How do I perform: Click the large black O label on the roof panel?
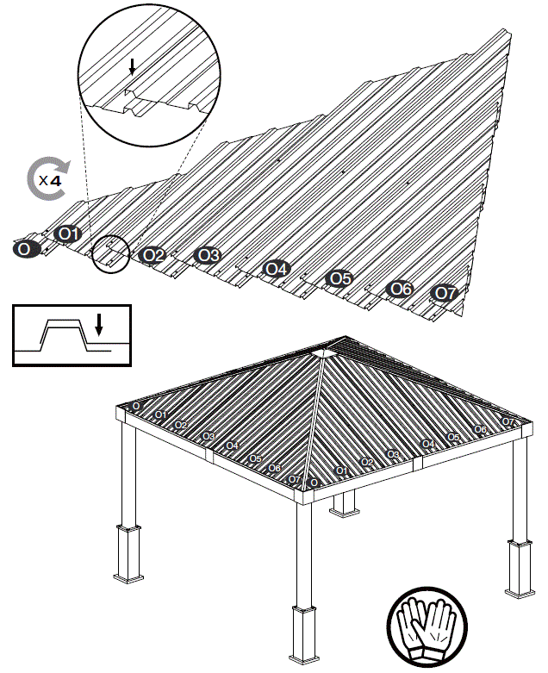[x=26, y=249]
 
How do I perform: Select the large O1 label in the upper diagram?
[x=68, y=234]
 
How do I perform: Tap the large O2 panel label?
[x=153, y=255]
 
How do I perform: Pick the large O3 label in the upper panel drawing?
[x=208, y=255]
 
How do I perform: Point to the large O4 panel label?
[x=275, y=269]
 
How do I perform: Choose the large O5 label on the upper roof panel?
[x=339, y=278]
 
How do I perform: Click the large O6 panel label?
[x=401, y=289]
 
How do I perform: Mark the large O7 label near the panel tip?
[x=444, y=293]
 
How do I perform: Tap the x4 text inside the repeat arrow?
[x=50, y=181]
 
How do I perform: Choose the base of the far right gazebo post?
[x=519, y=569]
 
